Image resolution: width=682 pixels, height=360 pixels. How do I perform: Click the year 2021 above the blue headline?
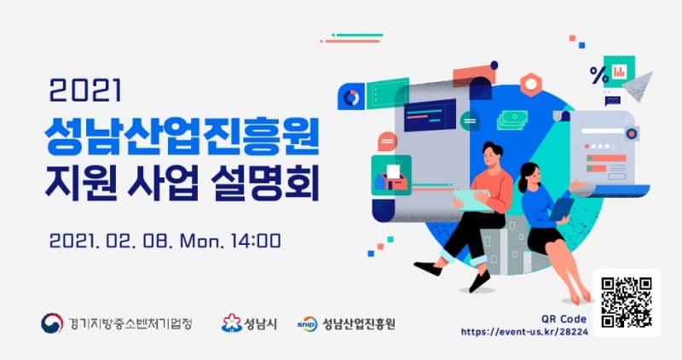[85, 90]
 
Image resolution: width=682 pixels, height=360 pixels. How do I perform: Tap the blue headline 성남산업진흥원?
[182, 136]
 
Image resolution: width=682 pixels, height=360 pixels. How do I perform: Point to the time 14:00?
[256, 241]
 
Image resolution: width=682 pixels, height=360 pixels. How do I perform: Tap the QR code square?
[627, 302]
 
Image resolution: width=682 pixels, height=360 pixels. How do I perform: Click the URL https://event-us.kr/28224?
[524, 332]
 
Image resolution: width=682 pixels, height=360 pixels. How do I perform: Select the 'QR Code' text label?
[564, 319]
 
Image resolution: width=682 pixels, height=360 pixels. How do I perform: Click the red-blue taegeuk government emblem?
[52, 323]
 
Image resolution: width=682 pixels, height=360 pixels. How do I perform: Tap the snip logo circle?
[307, 324]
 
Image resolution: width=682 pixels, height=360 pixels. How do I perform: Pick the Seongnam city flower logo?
[231, 323]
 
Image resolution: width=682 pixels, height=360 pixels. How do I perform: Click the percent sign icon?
[599, 75]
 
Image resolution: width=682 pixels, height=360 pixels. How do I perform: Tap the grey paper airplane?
[639, 86]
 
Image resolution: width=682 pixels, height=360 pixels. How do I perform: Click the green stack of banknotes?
[512, 119]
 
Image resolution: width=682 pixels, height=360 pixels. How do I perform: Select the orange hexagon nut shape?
[531, 84]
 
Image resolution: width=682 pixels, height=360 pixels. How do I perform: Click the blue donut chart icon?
[351, 97]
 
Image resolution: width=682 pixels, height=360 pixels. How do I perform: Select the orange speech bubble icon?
[387, 142]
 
